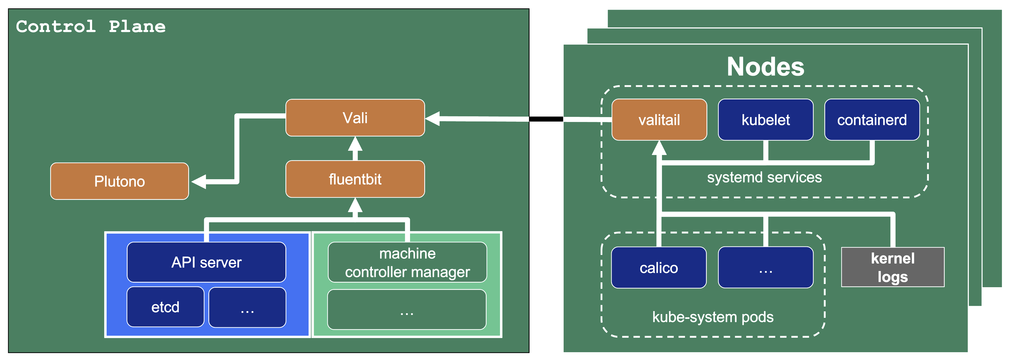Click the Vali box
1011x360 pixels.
coord(355,118)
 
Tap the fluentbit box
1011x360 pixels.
coord(355,179)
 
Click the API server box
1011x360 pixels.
coord(206,262)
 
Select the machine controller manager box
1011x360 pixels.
coord(407,262)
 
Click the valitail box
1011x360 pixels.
coord(659,120)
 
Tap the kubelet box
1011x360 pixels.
coord(765,120)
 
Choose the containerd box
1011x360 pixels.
coord(872,120)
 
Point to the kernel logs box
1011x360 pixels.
coord(893,267)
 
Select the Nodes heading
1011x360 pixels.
coord(765,66)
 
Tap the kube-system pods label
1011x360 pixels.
coord(713,317)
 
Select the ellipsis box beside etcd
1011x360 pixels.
coord(247,307)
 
